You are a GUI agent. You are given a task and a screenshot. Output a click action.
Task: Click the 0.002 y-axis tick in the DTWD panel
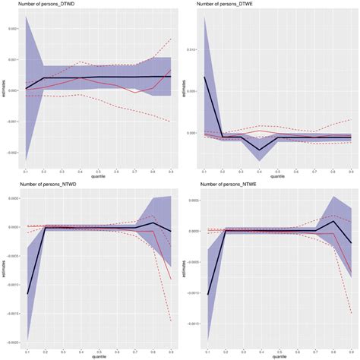click(13, 29)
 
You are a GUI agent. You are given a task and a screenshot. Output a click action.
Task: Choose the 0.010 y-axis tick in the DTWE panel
click(194, 50)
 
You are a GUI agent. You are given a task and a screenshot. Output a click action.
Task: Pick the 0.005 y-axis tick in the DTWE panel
click(194, 91)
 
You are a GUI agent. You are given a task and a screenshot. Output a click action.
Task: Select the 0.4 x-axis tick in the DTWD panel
click(79, 172)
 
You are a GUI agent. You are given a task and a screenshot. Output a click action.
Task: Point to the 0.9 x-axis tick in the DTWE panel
click(350, 172)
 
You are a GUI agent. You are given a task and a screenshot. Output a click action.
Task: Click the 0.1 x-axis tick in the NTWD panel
click(28, 352)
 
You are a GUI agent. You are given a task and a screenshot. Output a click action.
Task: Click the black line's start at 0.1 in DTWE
click(205, 77)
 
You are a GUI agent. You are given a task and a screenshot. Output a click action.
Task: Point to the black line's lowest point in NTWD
click(28, 294)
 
